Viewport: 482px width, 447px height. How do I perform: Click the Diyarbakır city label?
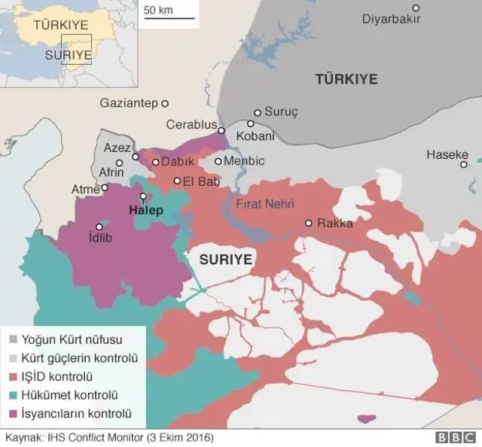391,19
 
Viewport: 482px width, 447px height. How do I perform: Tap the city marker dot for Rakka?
308,223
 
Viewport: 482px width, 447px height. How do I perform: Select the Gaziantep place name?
129,103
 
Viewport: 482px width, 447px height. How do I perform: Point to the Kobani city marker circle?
251,124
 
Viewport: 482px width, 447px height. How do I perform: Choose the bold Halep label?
145,210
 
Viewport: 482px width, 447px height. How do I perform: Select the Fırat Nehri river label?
264,203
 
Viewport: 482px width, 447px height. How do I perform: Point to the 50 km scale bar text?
159,11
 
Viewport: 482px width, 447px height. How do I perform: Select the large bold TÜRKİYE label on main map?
346,79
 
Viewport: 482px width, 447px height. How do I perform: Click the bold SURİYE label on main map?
225,260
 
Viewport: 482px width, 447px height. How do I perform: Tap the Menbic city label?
245,161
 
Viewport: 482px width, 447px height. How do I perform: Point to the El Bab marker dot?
177,181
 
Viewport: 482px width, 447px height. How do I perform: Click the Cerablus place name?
191,125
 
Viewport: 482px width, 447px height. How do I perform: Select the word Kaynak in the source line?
23,437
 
